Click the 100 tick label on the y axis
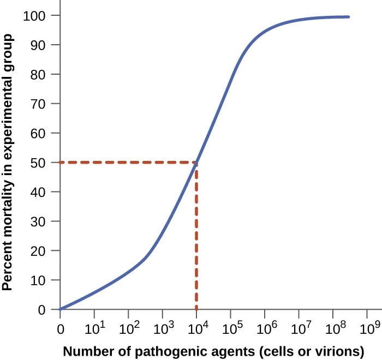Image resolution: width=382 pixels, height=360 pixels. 36,15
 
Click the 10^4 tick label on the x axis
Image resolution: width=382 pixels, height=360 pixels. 196,328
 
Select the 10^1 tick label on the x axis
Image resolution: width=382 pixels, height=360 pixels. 94,328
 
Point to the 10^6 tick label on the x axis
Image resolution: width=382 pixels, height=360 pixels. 264,328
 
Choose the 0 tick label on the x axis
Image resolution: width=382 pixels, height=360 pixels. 60,329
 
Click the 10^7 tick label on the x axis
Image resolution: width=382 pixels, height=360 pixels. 299,328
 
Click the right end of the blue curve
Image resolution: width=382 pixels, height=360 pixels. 348,17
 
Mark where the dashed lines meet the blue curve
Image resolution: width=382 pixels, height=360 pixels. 196,162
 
